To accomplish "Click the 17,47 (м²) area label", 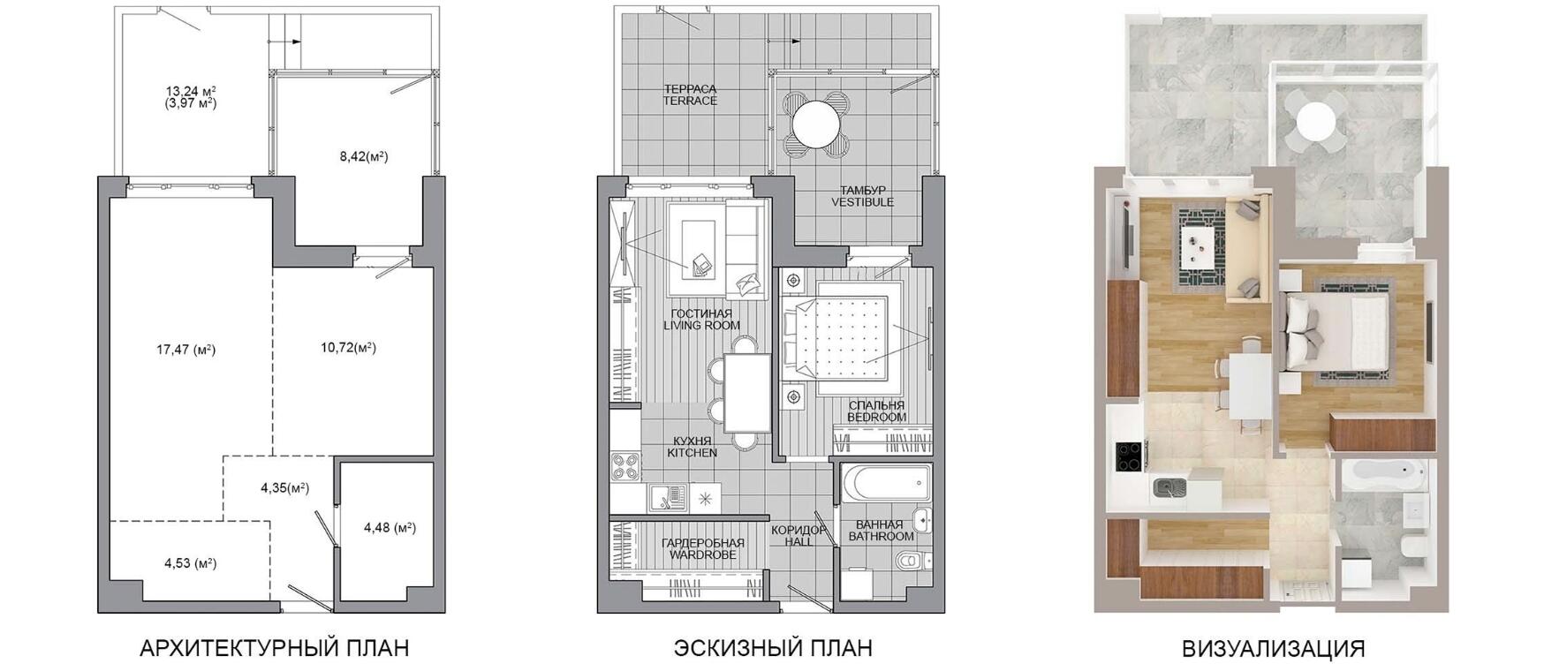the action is (185, 350).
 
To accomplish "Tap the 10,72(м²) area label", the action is (348, 347).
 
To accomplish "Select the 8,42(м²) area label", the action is (364, 156).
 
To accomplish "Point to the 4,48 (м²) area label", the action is (390, 528).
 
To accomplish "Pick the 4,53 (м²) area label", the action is (191, 562).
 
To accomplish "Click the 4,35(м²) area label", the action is (284, 487).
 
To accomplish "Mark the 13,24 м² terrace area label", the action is (191, 90).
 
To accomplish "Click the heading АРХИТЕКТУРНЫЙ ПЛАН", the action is (275, 649).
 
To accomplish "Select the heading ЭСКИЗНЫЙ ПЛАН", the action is (773, 649).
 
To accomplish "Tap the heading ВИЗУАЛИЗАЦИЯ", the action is (1273, 649).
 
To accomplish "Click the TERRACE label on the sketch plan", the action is (690, 102).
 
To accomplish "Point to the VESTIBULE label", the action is (862, 202).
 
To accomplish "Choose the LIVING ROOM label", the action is (701, 326).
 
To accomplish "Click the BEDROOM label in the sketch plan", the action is (876, 417).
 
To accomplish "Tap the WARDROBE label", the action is (702, 554).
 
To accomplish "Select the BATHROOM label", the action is (881, 536).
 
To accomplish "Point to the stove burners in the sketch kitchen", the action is (625, 466).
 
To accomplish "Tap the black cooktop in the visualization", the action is (1129, 456).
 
